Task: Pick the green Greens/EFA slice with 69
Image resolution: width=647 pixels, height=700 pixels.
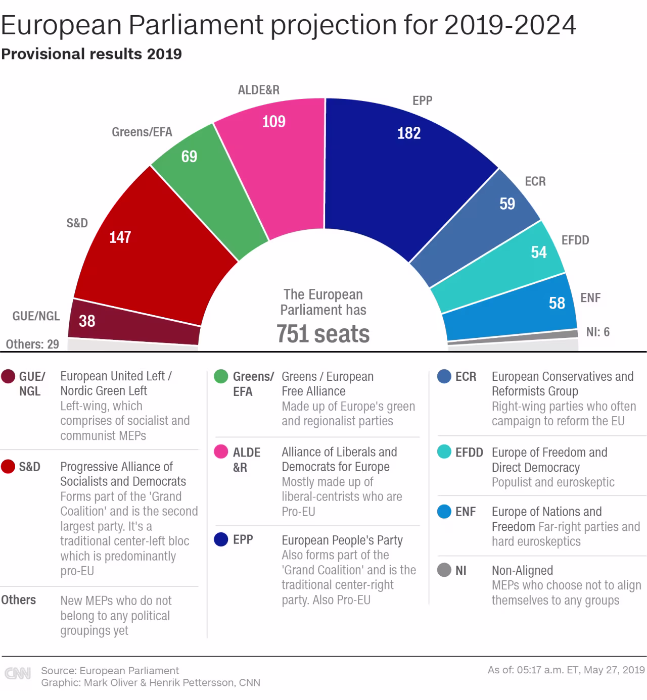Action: click(207, 187)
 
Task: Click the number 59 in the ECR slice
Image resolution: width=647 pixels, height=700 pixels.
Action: click(507, 204)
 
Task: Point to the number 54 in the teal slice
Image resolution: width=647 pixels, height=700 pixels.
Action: click(539, 252)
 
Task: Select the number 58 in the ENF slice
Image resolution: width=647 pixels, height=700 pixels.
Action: click(557, 303)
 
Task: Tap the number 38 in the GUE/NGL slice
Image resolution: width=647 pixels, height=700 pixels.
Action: click(87, 321)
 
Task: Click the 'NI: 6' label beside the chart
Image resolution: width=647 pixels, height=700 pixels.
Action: click(597, 332)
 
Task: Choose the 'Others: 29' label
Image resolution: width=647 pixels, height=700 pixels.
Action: click(32, 344)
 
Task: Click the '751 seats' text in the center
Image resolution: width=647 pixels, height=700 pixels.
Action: click(323, 334)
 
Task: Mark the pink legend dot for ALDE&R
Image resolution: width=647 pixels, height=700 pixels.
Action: click(221, 452)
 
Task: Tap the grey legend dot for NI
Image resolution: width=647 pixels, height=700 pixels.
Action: click(444, 570)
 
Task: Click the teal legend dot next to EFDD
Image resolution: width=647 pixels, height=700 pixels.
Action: click(444, 452)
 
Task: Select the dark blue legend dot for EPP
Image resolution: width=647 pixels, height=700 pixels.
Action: click(221, 539)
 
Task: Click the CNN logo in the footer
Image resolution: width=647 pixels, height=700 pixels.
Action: click(18, 673)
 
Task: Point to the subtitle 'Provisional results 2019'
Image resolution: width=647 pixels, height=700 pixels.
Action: click(91, 54)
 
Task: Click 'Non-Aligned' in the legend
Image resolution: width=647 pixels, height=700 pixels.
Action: click(522, 570)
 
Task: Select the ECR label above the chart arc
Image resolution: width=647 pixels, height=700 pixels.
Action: click(535, 181)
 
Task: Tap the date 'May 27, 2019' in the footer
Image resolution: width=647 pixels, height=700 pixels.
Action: click(614, 670)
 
